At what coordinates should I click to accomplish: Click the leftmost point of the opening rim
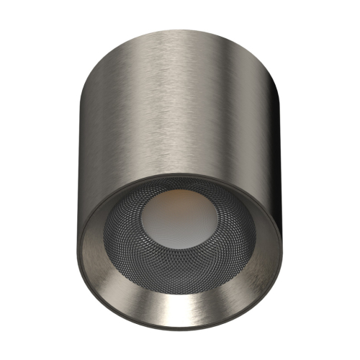[x=78, y=241]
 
